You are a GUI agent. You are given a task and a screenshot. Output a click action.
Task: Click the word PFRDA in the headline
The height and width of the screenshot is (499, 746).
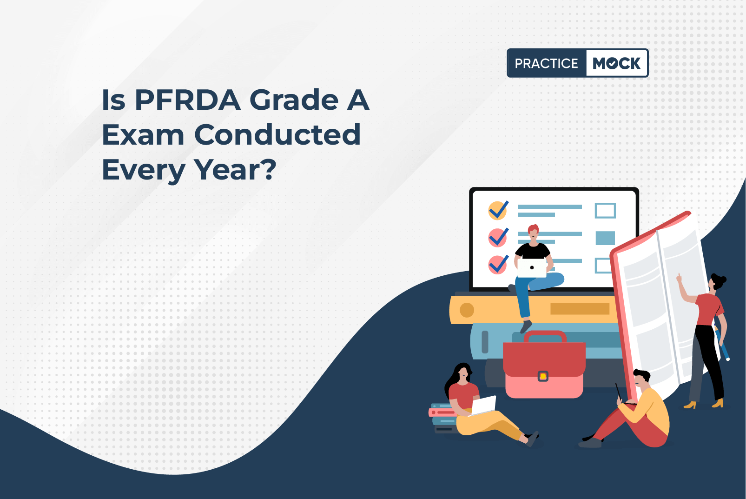coord(187,100)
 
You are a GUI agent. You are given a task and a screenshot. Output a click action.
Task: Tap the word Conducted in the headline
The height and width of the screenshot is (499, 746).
coord(277,135)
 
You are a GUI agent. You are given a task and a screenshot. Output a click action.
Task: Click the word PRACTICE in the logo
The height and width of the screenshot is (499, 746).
coord(546,63)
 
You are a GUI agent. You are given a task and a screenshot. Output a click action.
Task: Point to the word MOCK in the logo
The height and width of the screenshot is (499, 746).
coord(616,63)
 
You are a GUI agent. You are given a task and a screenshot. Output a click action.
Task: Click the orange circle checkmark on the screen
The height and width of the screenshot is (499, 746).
coord(498,211)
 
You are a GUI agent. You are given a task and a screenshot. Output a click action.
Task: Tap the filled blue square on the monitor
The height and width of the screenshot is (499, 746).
coord(605,238)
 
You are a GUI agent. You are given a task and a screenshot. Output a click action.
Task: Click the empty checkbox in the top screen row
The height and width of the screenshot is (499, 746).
coord(605,211)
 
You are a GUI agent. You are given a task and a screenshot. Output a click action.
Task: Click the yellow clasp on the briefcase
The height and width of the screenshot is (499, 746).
coord(543,376)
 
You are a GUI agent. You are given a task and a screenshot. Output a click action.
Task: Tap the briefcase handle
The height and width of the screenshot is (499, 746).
coord(545,336)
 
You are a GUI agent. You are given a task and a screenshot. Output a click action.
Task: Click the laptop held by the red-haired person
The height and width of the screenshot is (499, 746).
coord(532,267)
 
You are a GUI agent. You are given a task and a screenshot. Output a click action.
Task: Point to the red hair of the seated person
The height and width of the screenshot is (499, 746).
coord(533,229)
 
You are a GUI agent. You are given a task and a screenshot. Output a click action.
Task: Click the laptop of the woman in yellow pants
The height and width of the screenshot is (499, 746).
coord(483,406)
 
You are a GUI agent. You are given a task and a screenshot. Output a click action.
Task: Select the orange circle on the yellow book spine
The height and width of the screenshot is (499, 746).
coord(467,310)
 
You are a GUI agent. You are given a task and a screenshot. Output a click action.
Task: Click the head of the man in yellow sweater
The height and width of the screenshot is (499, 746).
coord(641,380)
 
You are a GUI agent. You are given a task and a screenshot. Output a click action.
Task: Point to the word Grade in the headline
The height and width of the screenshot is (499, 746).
coord(294,100)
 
